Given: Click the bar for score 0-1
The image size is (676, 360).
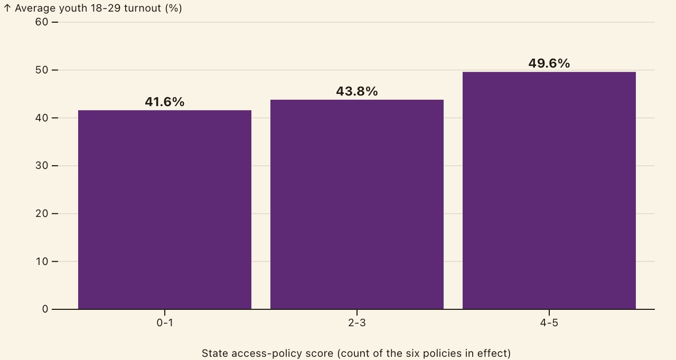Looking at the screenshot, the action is [165, 210].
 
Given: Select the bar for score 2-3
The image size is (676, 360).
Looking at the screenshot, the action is [357, 204].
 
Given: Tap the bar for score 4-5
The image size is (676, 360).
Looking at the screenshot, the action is [549, 191].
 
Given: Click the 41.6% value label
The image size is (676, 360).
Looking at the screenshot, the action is [164, 102].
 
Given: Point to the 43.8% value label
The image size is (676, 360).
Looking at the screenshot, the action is [357, 91].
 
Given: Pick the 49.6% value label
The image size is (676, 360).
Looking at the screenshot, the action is [549, 63].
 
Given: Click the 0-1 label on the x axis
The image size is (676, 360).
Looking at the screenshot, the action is [165, 323].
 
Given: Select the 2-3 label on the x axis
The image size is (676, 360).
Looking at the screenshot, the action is [357, 323].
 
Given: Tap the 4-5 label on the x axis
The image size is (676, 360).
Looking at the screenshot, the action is [549, 323].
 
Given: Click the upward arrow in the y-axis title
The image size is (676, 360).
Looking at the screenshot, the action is [7, 8].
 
